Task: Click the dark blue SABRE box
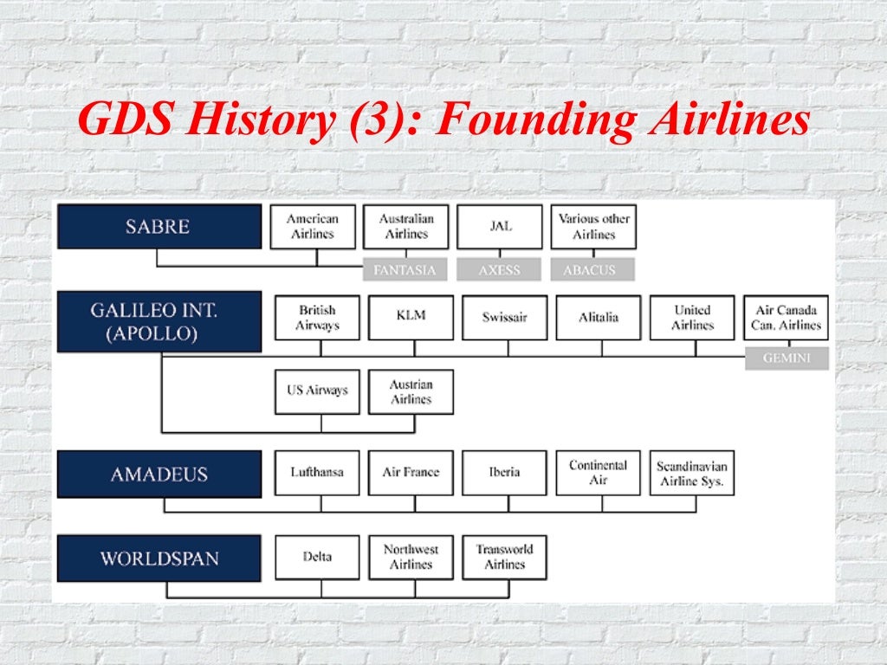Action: (159, 227)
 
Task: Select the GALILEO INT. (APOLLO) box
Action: (159, 321)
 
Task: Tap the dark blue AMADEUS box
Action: (159, 474)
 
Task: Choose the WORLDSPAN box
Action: (159, 558)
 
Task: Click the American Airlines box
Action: (313, 227)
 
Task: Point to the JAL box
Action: (500, 227)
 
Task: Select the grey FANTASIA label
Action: (405, 270)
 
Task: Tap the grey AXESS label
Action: (500, 270)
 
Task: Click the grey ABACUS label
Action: (592, 270)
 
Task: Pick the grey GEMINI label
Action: (787, 358)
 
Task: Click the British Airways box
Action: (317, 318)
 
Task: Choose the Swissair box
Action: (504, 318)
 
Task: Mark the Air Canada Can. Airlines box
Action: (786, 318)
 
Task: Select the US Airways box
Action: (317, 391)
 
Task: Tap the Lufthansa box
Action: (317, 473)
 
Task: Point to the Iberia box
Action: (504, 473)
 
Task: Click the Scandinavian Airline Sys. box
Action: (691, 473)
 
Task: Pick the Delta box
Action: (317, 557)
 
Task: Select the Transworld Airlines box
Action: (504, 557)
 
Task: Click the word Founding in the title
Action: (534, 119)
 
